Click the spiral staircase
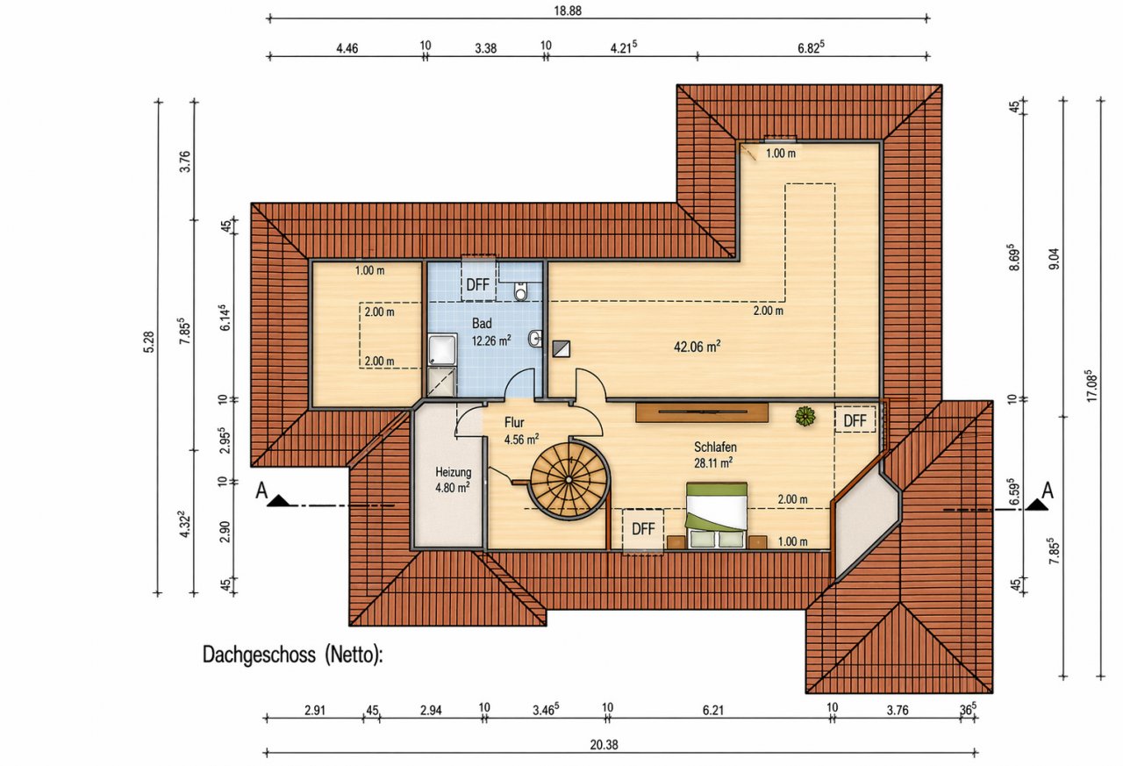click(x=569, y=479)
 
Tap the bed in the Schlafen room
click(x=717, y=515)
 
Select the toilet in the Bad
click(x=521, y=291)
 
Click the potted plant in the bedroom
click(x=805, y=416)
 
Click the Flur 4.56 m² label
click(x=521, y=431)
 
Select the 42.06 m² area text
click(x=697, y=347)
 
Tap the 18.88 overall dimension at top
click(x=568, y=11)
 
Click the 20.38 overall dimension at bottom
click(x=604, y=745)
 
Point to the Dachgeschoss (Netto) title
click(x=292, y=655)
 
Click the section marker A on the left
click(x=261, y=490)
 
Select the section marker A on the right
click(x=1048, y=490)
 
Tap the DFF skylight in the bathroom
click(x=478, y=285)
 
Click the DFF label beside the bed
click(x=643, y=529)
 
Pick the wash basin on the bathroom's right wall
click(x=535, y=339)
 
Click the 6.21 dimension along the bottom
click(x=713, y=711)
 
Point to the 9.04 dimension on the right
click(x=1055, y=259)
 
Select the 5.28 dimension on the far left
click(x=149, y=342)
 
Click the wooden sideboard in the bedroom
click(x=702, y=412)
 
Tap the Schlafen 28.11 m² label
click(x=714, y=455)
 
